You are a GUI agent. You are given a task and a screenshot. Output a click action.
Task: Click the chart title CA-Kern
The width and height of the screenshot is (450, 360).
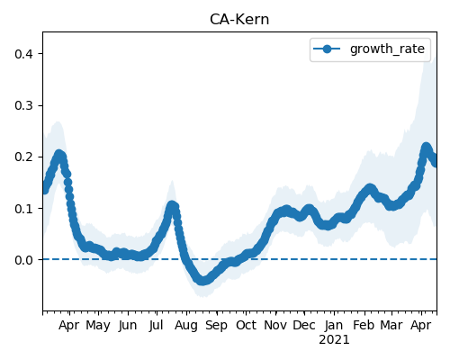tap(239, 20)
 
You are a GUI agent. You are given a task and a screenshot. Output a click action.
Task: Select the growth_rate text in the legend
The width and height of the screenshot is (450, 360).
tap(387, 49)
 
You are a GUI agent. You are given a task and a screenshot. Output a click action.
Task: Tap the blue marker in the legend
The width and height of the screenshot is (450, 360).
tap(327, 49)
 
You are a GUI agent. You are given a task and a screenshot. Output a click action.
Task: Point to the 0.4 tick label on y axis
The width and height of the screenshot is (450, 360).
tap(23, 54)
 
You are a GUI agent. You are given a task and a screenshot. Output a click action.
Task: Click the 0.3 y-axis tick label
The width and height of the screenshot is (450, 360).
tap(23, 105)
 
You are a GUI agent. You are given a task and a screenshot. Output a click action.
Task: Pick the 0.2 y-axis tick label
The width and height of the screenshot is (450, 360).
tap(23, 157)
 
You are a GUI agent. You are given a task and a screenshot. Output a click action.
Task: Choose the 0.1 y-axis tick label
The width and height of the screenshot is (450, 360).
tap(23, 209)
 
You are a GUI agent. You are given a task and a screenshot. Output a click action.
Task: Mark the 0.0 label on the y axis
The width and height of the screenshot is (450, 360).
tap(23, 260)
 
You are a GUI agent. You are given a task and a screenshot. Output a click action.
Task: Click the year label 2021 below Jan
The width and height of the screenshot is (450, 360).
tap(334, 340)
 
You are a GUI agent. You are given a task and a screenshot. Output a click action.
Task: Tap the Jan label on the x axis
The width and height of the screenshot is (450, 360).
tap(334, 325)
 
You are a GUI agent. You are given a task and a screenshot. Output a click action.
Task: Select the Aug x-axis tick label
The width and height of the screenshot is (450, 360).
tap(186, 326)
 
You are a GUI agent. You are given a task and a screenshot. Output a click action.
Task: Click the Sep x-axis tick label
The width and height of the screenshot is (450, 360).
tap(216, 326)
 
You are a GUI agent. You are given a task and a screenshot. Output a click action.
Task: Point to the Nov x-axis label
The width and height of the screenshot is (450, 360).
tap(275, 325)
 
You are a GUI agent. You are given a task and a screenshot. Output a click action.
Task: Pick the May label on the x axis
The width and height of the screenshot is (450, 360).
tap(98, 326)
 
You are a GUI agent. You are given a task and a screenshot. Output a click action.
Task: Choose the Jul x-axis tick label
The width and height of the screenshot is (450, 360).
tap(157, 325)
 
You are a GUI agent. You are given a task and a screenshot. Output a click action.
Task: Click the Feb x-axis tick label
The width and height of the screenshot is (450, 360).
tap(364, 325)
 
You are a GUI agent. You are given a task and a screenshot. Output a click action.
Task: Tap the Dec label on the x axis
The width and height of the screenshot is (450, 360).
tap(304, 325)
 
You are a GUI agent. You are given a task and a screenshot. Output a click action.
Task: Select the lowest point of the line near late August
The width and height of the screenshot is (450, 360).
tap(202, 281)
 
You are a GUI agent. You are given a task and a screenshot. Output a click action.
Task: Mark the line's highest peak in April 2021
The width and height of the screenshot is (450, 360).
tap(426, 148)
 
